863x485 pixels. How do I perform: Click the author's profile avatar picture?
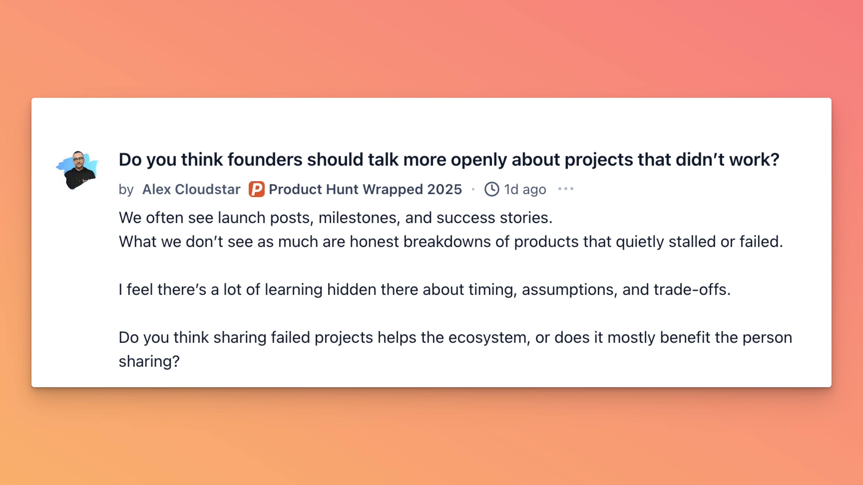pos(77,170)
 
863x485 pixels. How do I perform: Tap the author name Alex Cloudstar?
pos(191,189)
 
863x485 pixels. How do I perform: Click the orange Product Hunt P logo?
pos(256,189)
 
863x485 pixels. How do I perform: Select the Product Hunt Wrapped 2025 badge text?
pos(365,189)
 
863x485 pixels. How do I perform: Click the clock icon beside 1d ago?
pos(492,189)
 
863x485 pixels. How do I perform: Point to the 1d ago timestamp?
pos(525,189)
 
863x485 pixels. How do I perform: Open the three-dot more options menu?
pos(566,189)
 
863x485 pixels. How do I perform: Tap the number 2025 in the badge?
pos(444,189)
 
